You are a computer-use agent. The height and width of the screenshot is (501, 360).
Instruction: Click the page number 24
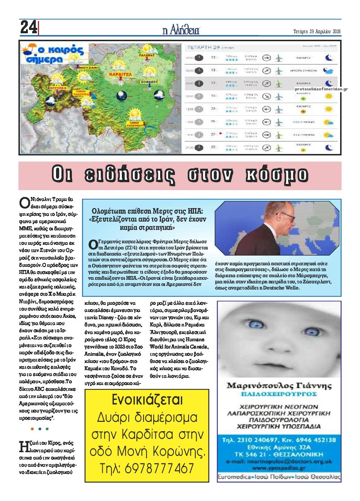tap(29, 27)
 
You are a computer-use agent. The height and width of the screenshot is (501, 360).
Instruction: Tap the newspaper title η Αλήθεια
tap(180, 30)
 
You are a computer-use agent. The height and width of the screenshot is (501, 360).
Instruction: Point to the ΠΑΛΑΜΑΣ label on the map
tap(146, 56)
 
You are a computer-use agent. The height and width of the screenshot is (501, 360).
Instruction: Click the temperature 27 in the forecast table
tap(213, 134)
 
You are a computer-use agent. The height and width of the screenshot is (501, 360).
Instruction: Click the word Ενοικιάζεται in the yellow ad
tap(147, 400)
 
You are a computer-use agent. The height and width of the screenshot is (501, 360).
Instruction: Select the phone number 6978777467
tap(147, 468)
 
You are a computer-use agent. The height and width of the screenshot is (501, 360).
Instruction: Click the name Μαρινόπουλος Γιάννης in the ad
tap(279, 386)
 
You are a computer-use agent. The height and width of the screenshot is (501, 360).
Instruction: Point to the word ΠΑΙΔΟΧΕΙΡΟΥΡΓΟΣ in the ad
tap(279, 394)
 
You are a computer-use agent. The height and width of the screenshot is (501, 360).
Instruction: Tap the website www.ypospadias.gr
tap(279, 468)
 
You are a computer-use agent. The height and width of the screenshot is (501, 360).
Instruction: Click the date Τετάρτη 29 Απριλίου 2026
tap(317, 31)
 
